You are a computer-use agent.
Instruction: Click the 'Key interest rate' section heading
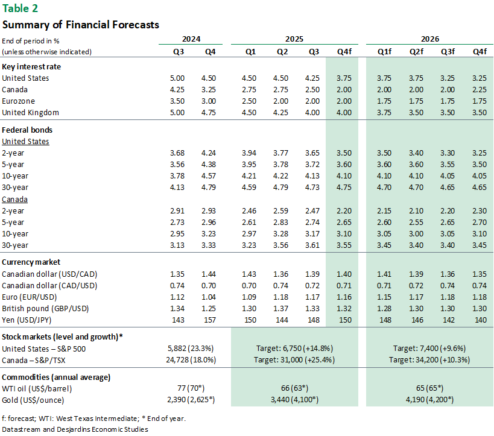pos(31,66)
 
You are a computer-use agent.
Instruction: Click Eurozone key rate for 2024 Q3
pos(177,101)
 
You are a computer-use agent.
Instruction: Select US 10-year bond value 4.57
pos(209,175)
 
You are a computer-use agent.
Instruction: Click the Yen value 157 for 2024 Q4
pos(211,320)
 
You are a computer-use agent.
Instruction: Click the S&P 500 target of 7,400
pos(429,349)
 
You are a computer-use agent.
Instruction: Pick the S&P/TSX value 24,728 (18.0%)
pos(193,360)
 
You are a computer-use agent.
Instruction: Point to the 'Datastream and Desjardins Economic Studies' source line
pos(75,429)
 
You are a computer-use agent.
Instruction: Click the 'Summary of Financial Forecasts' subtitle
pos(81,25)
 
